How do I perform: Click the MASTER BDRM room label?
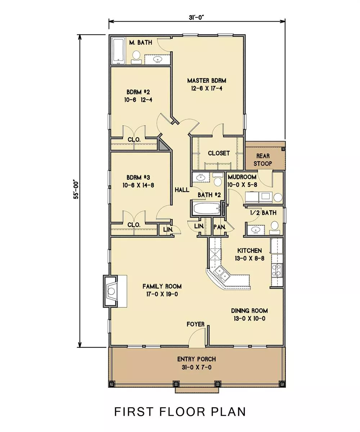(x=207, y=81)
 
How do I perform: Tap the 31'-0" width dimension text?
(x=196, y=17)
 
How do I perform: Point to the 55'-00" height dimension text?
(x=76, y=190)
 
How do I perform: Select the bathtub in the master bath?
(x=118, y=51)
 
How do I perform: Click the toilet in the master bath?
(x=136, y=57)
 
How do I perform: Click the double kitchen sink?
(x=222, y=274)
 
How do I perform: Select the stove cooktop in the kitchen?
(x=277, y=270)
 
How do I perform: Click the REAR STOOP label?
(x=263, y=159)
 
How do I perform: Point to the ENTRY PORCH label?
(x=196, y=359)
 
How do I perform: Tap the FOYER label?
(x=195, y=324)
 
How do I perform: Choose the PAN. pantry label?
(x=219, y=227)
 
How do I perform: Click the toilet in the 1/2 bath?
(x=275, y=228)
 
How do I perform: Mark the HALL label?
(x=182, y=190)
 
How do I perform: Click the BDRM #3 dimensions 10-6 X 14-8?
(x=138, y=185)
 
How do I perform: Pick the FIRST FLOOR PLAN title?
(x=180, y=411)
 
